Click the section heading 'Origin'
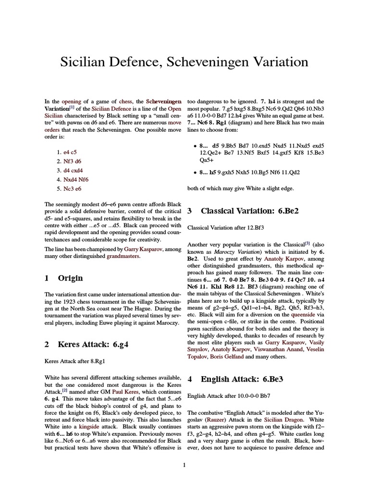tap(70, 278)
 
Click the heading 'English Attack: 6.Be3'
tap(242, 379)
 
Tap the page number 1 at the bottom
tap(184, 465)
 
